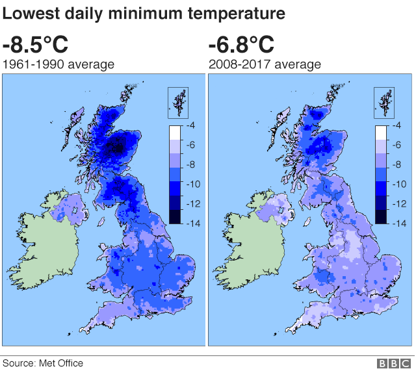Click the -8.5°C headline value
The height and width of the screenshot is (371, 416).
(35, 45)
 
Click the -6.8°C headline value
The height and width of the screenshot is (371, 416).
(241, 45)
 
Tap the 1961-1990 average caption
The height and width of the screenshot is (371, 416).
(59, 64)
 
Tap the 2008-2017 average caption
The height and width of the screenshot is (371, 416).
(265, 64)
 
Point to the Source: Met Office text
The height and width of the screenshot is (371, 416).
(43, 363)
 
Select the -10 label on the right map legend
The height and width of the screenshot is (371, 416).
(399, 184)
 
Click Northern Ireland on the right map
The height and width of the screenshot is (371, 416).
(274, 211)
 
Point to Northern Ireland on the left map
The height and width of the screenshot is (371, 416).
(69, 211)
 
